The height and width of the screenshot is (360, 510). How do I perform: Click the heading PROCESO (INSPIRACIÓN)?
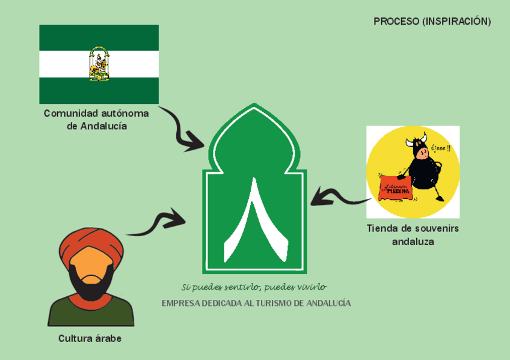click(x=432, y=22)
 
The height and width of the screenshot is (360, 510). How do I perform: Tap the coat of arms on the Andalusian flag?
click(x=99, y=64)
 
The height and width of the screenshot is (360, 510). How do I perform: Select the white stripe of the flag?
click(x=60, y=64)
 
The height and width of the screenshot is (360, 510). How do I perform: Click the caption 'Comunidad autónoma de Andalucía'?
click(x=96, y=119)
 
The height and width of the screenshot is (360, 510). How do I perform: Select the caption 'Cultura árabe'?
click(x=90, y=338)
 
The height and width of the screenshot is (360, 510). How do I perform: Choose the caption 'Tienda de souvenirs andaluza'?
click(x=413, y=235)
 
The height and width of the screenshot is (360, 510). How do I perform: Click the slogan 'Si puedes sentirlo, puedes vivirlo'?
click(x=254, y=287)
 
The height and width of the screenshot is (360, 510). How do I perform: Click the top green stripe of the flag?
click(x=99, y=38)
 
